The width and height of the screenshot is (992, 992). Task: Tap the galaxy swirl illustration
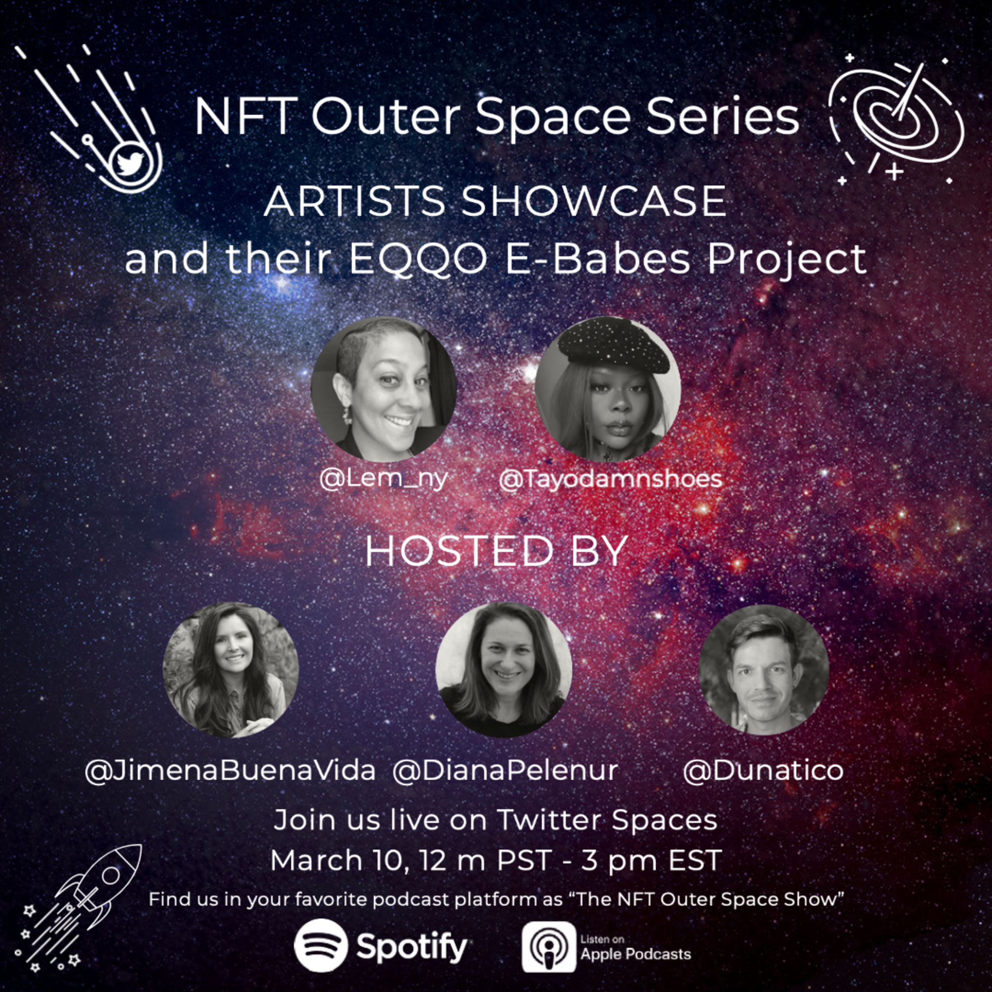click(896, 121)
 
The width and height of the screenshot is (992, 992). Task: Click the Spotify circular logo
click(321, 945)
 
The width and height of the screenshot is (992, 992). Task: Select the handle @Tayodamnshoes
click(610, 479)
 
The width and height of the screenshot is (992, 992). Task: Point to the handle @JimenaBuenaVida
click(230, 771)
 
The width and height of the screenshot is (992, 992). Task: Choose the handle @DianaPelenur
click(505, 771)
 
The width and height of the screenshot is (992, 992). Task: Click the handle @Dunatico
click(764, 771)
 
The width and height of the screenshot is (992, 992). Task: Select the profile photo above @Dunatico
click(764, 670)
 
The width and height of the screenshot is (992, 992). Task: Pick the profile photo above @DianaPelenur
click(504, 670)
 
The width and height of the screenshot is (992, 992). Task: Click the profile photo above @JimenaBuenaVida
click(230, 670)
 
